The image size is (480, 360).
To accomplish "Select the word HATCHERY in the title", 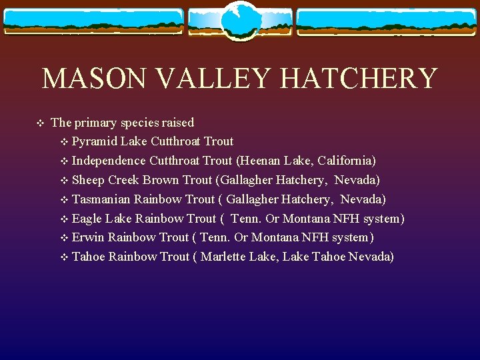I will [x=358, y=79].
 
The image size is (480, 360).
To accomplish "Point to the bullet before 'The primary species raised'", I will [x=39, y=123].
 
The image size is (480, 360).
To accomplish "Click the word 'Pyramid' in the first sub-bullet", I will [x=92, y=141].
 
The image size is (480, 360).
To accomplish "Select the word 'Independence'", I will [x=109, y=161].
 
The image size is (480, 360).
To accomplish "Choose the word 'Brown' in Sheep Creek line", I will [x=160, y=180].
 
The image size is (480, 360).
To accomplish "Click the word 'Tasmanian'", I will [x=101, y=199].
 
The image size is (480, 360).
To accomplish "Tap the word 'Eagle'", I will [x=87, y=219].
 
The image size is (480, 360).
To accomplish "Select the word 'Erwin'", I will [x=88, y=238].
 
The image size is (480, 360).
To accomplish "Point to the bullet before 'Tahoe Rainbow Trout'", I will [x=64, y=257].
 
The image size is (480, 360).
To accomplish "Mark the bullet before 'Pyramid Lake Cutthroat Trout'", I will [x=64, y=141].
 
